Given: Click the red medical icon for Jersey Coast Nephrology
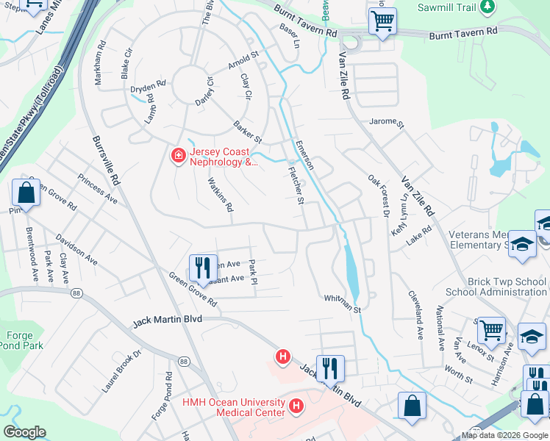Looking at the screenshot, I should (x=177, y=155).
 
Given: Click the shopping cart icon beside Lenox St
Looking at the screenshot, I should (x=490, y=329).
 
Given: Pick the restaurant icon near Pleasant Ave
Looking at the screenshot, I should (x=203, y=268).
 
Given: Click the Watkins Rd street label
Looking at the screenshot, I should (x=220, y=196).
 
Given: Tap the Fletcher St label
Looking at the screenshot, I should (x=295, y=184).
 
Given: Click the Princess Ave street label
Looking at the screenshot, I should (x=97, y=190).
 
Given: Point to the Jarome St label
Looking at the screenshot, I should (x=387, y=123).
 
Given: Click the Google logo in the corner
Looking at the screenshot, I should (x=25, y=432).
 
